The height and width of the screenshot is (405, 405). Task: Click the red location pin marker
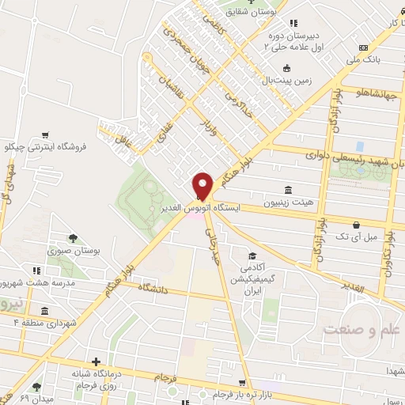tap(202, 185)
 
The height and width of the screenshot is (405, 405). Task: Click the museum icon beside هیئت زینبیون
tap(286, 190)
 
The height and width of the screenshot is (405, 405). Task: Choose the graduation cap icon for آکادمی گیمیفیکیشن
tap(252, 255)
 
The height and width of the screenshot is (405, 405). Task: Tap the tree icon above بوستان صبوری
tap(72, 237)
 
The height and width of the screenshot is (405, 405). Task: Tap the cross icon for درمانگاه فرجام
tap(96, 361)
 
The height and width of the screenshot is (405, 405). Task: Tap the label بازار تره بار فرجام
tap(248, 394)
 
